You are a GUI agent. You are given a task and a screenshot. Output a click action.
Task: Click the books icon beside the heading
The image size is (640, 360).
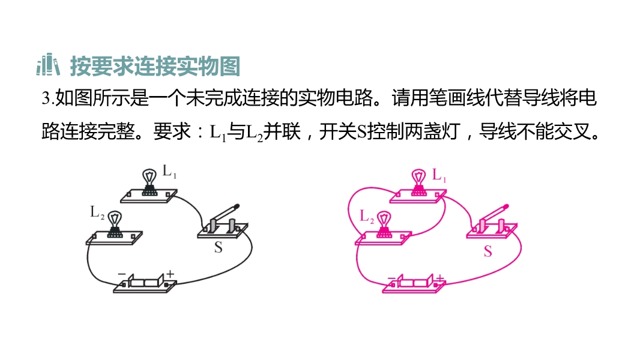point(48,65)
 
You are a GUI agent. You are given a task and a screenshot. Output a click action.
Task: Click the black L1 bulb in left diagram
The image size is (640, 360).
point(149,182)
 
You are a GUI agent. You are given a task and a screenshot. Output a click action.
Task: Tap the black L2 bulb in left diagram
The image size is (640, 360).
point(115,224)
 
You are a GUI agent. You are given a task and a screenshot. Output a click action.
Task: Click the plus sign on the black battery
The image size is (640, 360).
point(170,274)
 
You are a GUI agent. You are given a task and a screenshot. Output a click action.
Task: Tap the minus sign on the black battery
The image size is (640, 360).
point(122,274)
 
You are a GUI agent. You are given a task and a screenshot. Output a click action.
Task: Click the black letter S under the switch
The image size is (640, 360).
point(219,247)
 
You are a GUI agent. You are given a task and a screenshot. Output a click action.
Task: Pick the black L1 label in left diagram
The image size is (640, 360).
point(169,171)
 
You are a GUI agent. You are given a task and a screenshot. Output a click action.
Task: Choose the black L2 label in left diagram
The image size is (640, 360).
point(97,212)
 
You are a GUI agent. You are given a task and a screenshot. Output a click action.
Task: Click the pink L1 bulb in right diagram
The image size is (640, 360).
point(419,182)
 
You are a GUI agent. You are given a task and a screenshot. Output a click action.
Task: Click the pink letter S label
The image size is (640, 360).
point(488,251)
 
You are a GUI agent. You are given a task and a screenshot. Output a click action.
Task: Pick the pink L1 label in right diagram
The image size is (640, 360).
point(439,175)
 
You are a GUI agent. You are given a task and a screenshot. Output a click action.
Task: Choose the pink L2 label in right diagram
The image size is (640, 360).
point(367,216)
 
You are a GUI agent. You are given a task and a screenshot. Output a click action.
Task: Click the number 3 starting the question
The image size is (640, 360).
point(45,98)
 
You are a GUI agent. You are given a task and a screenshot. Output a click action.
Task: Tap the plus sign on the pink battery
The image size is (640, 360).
point(439,278)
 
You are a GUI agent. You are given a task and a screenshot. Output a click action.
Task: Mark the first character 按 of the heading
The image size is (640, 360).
point(80,65)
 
